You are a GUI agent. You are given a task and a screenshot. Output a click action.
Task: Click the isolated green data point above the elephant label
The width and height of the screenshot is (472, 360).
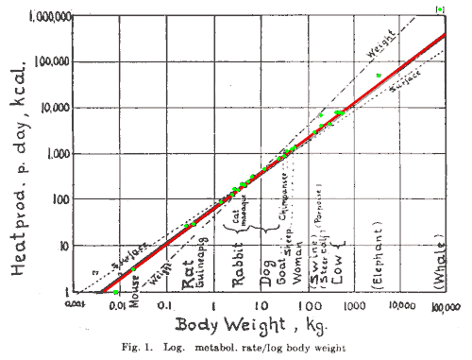379,76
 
